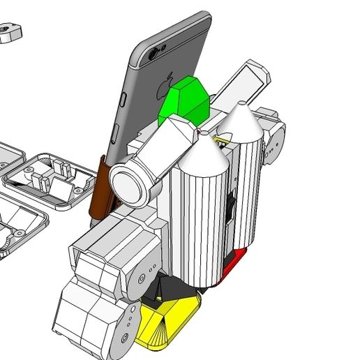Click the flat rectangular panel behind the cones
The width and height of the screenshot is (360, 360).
pyautogui.click(x=241, y=84)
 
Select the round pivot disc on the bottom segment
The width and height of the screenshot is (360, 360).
pyautogui.click(x=129, y=319)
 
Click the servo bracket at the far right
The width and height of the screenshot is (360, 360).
pyautogui.click(x=274, y=140)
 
